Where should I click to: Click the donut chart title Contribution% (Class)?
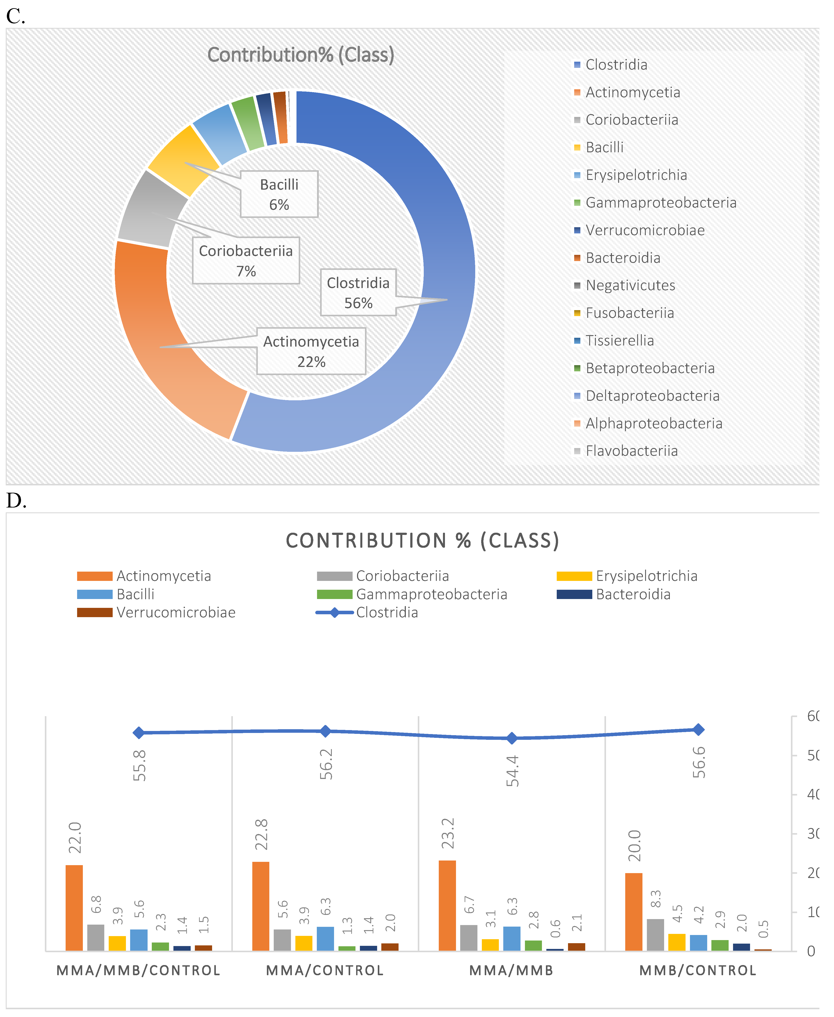click(301, 55)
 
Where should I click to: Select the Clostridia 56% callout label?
click(358, 293)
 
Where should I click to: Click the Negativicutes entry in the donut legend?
click(630, 286)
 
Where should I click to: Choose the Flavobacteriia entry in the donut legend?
click(631, 451)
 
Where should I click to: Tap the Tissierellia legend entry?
click(619, 341)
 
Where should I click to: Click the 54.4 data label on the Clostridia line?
click(512, 771)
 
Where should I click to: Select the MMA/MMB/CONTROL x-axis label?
click(138, 970)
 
